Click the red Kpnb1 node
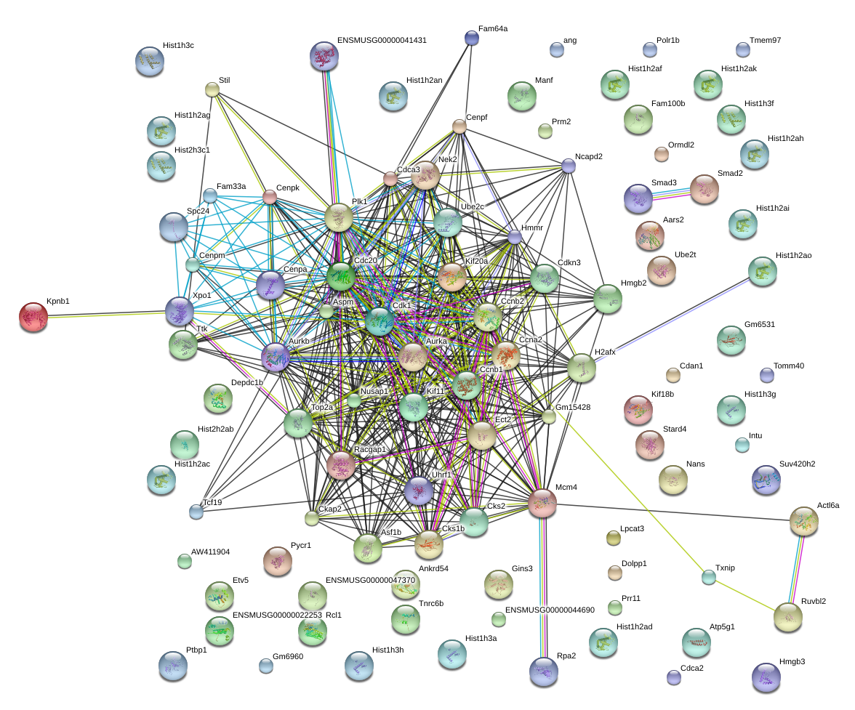pos(33,317)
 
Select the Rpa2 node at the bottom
pos(543,670)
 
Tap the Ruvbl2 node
pos(788,617)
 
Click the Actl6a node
pos(804,520)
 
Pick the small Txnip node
pos(708,578)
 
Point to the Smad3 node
pos(638,198)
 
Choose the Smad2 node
pos(704,189)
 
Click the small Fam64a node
pos(472,38)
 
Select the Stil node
pos(212,89)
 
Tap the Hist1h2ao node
pos(762,271)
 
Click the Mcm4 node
pos(542,503)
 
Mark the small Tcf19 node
pos(196,512)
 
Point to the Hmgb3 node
pos(766,677)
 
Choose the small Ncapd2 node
pos(569,166)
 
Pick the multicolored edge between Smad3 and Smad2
pos(671,194)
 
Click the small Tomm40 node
pos(766,375)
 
